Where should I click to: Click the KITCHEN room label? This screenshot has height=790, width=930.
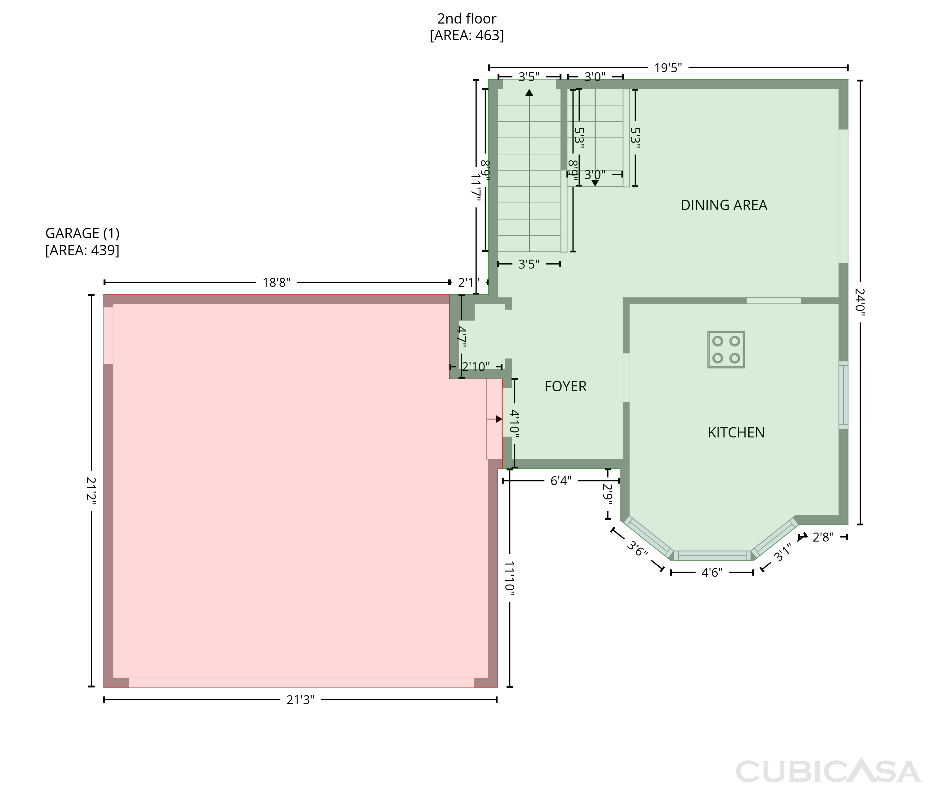tap(736, 432)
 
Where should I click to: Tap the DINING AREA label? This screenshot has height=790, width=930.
tap(724, 205)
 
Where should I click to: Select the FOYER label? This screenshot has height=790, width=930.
tap(565, 386)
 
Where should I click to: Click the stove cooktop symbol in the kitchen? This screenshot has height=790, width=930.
tap(726, 350)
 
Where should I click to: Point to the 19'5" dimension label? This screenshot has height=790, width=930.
tap(668, 68)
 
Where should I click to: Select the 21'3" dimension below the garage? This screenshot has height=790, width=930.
tap(300, 700)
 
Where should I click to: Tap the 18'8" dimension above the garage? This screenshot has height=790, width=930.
tap(276, 283)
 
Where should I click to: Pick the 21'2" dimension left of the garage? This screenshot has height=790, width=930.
tap(91, 491)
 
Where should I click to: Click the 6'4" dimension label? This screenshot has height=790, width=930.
tap(561, 481)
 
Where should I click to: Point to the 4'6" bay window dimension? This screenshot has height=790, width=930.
tap(712, 572)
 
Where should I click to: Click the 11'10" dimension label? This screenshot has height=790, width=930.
tap(510, 578)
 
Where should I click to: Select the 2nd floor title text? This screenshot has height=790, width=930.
tap(467, 19)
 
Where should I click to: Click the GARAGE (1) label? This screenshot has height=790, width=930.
tap(82, 233)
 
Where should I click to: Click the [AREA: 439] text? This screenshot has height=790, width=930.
tap(82, 250)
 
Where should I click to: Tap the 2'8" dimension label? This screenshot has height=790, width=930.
tap(823, 537)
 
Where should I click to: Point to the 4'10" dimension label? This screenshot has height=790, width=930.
tap(515, 424)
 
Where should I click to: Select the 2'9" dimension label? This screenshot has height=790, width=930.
tap(608, 494)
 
